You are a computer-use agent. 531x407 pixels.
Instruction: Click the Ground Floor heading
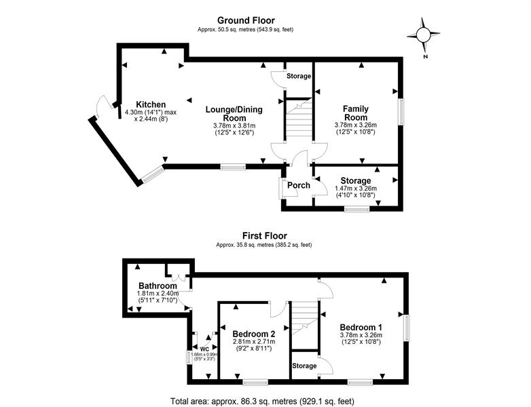pyautogui.click(x=246, y=20)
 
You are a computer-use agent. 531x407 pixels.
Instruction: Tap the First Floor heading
pyautogui.click(x=265, y=236)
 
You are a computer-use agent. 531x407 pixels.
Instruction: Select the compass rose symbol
pyautogui.click(x=423, y=35)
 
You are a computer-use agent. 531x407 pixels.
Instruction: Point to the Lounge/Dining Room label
pyautogui.click(x=234, y=114)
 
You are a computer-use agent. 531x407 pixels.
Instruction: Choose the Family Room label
pyautogui.click(x=356, y=113)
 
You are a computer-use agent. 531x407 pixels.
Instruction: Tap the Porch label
pyautogui.click(x=299, y=185)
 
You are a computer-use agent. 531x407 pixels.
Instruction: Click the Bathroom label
pyautogui.click(x=158, y=286)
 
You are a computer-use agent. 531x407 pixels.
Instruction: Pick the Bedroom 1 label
pyautogui.click(x=361, y=327)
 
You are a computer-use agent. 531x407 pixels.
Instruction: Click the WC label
pyautogui.click(x=204, y=349)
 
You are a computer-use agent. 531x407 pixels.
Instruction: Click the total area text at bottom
pyautogui.click(x=263, y=402)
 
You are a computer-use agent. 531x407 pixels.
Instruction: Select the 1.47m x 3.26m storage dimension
pyautogui.click(x=356, y=189)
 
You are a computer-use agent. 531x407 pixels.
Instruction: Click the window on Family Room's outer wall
pyautogui.click(x=401, y=112)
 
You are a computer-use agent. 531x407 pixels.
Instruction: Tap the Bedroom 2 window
pyautogui.click(x=255, y=383)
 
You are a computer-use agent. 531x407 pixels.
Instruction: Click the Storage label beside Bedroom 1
pyautogui.click(x=304, y=366)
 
